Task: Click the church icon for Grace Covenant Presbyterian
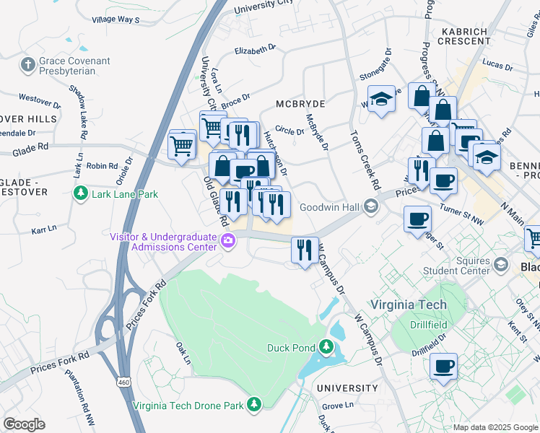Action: click(x=27, y=66)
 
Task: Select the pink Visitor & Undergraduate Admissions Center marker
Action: click(x=228, y=241)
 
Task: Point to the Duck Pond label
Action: click(x=288, y=348)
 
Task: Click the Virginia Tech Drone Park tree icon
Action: click(x=253, y=405)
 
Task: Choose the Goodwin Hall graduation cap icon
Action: click(x=371, y=207)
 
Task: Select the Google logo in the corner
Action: click(x=24, y=424)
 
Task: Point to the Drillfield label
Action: click(x=430, y=325)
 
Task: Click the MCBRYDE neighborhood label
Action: click(x=300, y=104)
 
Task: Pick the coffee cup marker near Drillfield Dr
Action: click(x=443, y=365)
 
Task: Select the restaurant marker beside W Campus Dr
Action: click(x=305, y=250)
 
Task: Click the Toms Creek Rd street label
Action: click(x=365, y=160)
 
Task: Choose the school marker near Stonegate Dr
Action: click(x=381, y=98)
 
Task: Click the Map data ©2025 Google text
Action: click(x=495, y=427)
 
